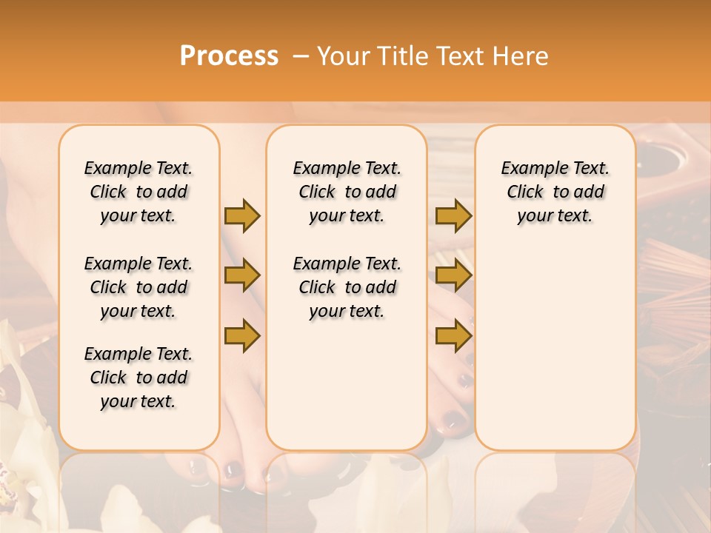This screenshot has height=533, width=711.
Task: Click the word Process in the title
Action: pyautogui.click(x=229, y=56)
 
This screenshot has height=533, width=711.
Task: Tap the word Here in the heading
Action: pyautogui.click(x=522, y=56)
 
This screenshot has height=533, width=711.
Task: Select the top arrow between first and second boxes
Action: pyautogui.click(x=242, y=215)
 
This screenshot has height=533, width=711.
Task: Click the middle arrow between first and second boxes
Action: pyautogui.click(x=242, y=276)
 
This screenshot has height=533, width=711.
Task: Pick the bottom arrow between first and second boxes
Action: pyautogui.click(x=242, y=336)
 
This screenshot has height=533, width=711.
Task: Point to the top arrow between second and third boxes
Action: pyautogui.click(x=453, y=215)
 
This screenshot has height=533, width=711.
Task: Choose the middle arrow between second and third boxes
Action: pyautogui.click(x=453, y=276)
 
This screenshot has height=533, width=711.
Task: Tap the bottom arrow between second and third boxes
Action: pyautogui.click(x=453, y=336)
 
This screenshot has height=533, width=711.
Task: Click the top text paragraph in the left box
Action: pyautogui.click(x=138, y=192)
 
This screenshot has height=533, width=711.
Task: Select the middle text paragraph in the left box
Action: pyautogui.click(x=138, y=287)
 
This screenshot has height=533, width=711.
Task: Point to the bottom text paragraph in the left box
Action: pyautogui.click(x=138, y=378)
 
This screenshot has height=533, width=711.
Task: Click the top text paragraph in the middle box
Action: pyautogui.click(x=347, y=192)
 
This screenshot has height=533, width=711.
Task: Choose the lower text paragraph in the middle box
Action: pyautogui.click(x=347, y=287)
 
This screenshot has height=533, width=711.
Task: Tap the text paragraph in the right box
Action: pyautogui.click(x=555, y=192)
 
